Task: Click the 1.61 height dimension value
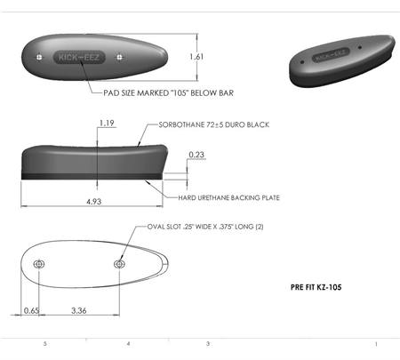tap(196, 57)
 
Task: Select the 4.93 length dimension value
tap(94, 202)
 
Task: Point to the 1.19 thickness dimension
tap(107, 123)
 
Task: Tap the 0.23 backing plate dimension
tap(196, 155)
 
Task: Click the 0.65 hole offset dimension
tap(31, 310)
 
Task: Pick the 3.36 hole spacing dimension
tap(79, 310)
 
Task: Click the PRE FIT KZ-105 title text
tap(316, 287)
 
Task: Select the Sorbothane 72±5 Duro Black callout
tap(214, 124)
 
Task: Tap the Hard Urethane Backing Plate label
tap(228, 197)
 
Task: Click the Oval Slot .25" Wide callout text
tap(205, 227)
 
